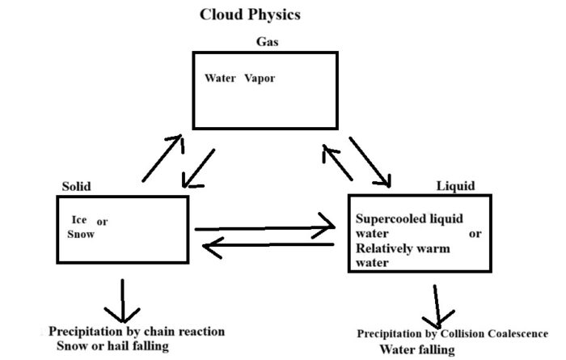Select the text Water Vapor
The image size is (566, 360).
point(245,81)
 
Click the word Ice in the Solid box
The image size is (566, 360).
point(79,219)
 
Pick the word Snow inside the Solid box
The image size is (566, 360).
point(82,235)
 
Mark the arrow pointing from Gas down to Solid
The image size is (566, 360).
point(197,166)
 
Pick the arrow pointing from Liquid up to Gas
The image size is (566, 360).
point(337,160)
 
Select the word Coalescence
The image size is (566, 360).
point(513,333)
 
